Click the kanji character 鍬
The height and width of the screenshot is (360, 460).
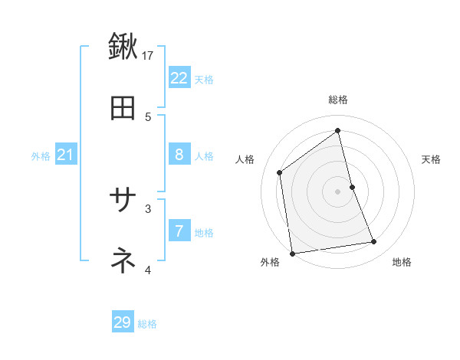coord(123,47)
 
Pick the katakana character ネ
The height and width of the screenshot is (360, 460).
coord(123,261)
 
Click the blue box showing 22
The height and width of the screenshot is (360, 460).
coord(179,78)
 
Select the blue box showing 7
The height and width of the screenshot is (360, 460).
coord(179,231)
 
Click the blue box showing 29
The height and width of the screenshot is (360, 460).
coord(123,322)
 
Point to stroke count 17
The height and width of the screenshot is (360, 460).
coord(149,54)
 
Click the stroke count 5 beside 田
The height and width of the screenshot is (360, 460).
coord(148,116)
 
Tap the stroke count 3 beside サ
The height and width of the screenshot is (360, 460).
coord(148,208)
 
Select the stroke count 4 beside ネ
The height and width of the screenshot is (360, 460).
coord(148,270)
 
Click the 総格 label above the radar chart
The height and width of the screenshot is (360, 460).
coord(338,100)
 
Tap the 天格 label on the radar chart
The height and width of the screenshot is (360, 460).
coord(431,159)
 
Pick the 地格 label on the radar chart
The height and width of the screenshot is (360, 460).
coord(402,262)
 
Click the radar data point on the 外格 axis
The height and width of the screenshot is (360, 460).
coord(291,254)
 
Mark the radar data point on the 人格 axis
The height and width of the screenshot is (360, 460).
coord(280,172)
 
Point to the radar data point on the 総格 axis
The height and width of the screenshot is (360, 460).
coord(338,131)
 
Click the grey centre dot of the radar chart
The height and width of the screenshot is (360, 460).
coord(338,191)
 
